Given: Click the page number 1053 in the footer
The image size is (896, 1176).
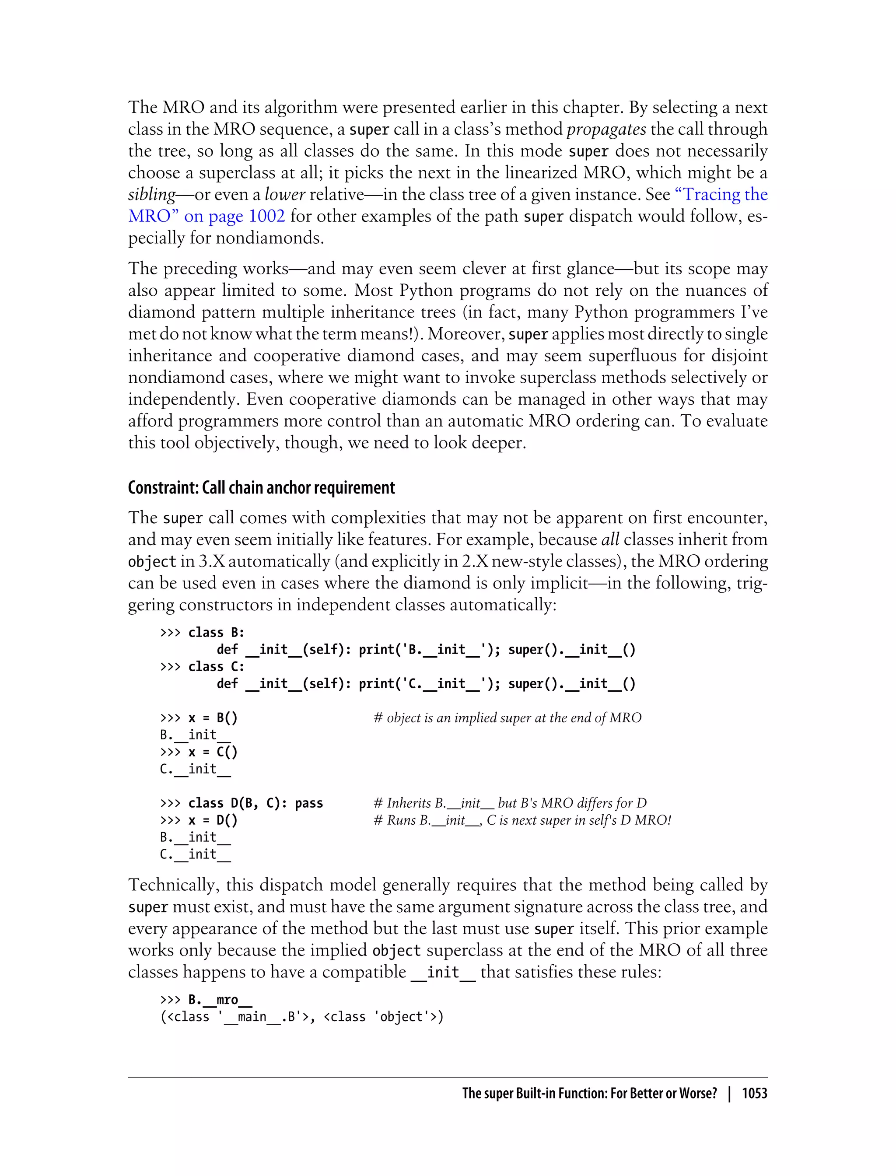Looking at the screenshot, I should (754, 1093).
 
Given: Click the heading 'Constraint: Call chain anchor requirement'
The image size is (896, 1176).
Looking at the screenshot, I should (261, 487).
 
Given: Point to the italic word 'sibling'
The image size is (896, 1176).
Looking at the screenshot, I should (151, 195).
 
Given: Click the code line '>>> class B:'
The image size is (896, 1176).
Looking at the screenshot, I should (202, 633).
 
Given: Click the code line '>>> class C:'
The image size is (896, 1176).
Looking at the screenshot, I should (202, 667).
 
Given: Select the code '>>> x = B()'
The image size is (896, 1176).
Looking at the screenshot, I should (199, 718).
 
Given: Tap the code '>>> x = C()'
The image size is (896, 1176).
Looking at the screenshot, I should (199, 752).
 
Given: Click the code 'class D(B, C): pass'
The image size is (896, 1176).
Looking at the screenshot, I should (255, 803).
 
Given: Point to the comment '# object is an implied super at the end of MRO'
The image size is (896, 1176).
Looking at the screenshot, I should (507, 718).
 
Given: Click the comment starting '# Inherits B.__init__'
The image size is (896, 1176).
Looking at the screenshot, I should (510, 803).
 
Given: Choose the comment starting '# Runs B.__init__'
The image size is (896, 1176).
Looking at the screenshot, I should (522, 820).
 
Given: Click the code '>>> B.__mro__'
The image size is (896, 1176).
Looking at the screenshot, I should (206, 999).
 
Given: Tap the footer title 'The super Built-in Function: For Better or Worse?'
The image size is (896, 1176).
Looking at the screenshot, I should (589, 1093).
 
